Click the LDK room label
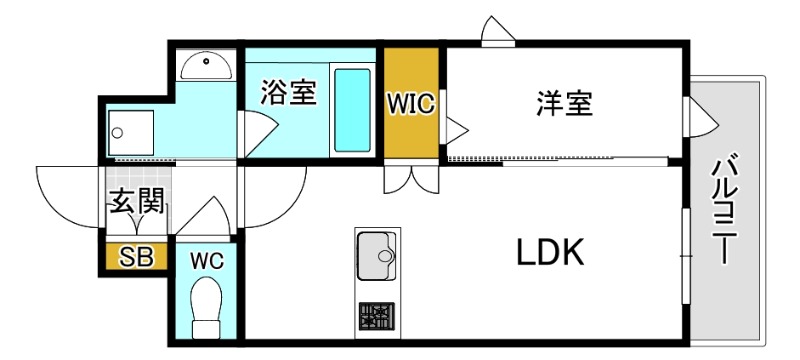point(549,254)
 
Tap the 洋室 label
point(564,103)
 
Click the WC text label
point(207,259)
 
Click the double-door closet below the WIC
point(410,180)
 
